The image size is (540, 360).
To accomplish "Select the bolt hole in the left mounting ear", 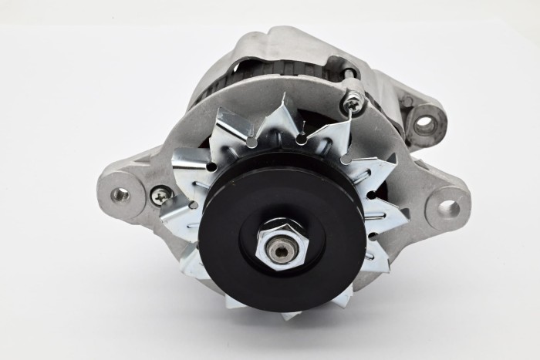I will pos(120,195).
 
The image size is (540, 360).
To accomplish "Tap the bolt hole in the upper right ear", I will pos(425,122).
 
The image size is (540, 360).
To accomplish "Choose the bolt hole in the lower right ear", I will pos(448,207).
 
